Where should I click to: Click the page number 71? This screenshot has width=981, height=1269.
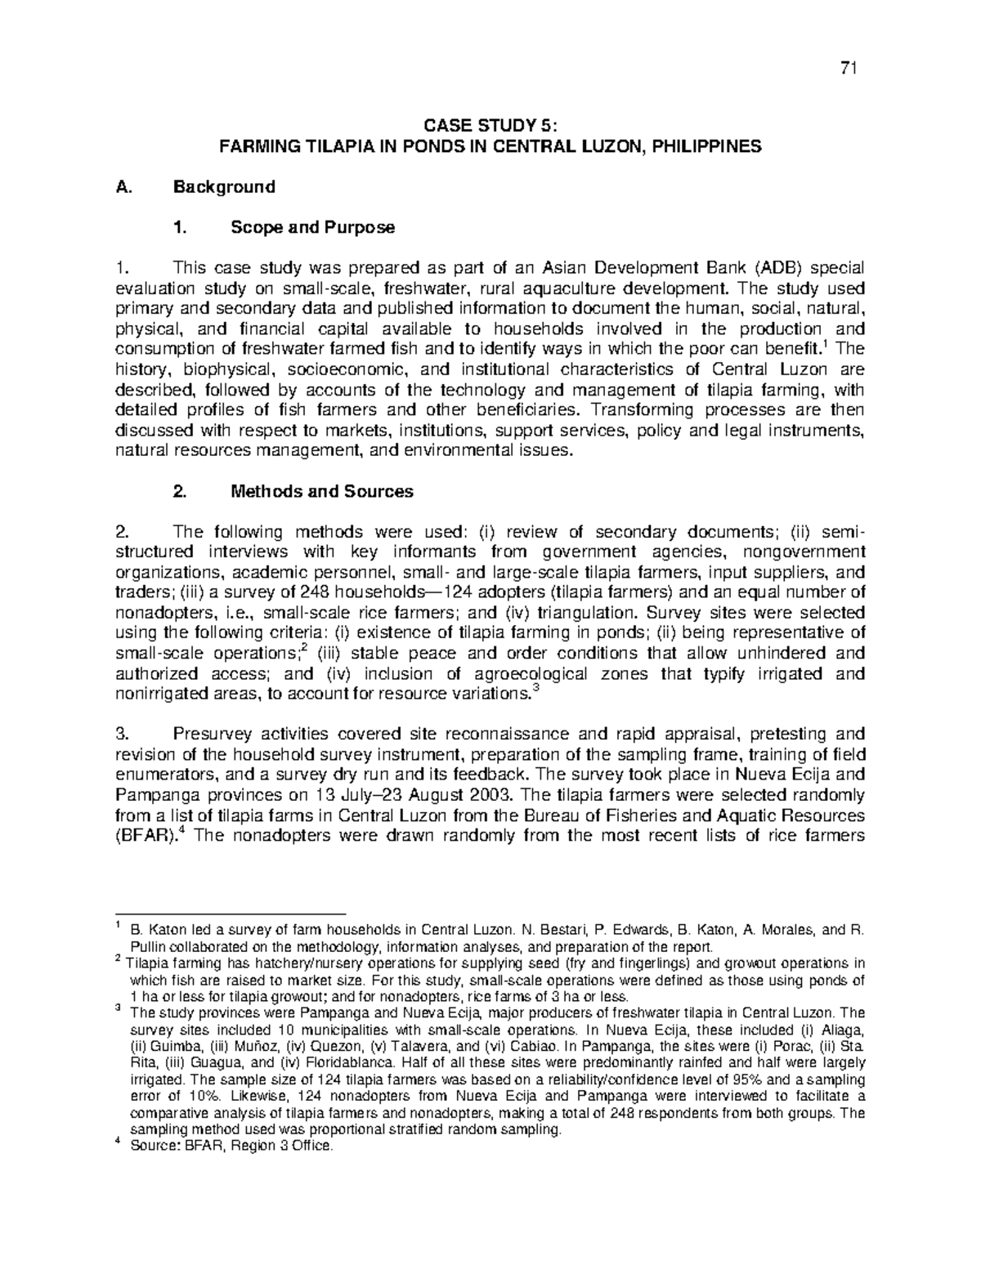coord(848,69)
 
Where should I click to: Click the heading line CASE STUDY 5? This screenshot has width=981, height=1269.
coord(490,126)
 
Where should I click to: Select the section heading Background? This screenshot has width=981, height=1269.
coord(224,187)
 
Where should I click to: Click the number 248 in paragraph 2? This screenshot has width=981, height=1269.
coord(316,592)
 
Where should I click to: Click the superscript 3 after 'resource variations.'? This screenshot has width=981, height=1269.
coord(535,690)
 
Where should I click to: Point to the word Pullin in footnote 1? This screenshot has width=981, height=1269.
coord(149,947)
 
